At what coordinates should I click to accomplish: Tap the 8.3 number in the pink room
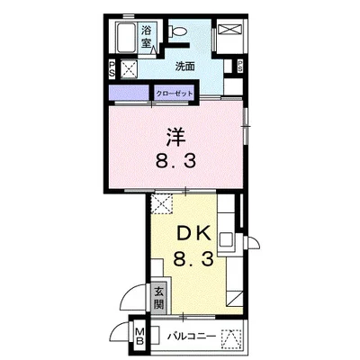[176, 166]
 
